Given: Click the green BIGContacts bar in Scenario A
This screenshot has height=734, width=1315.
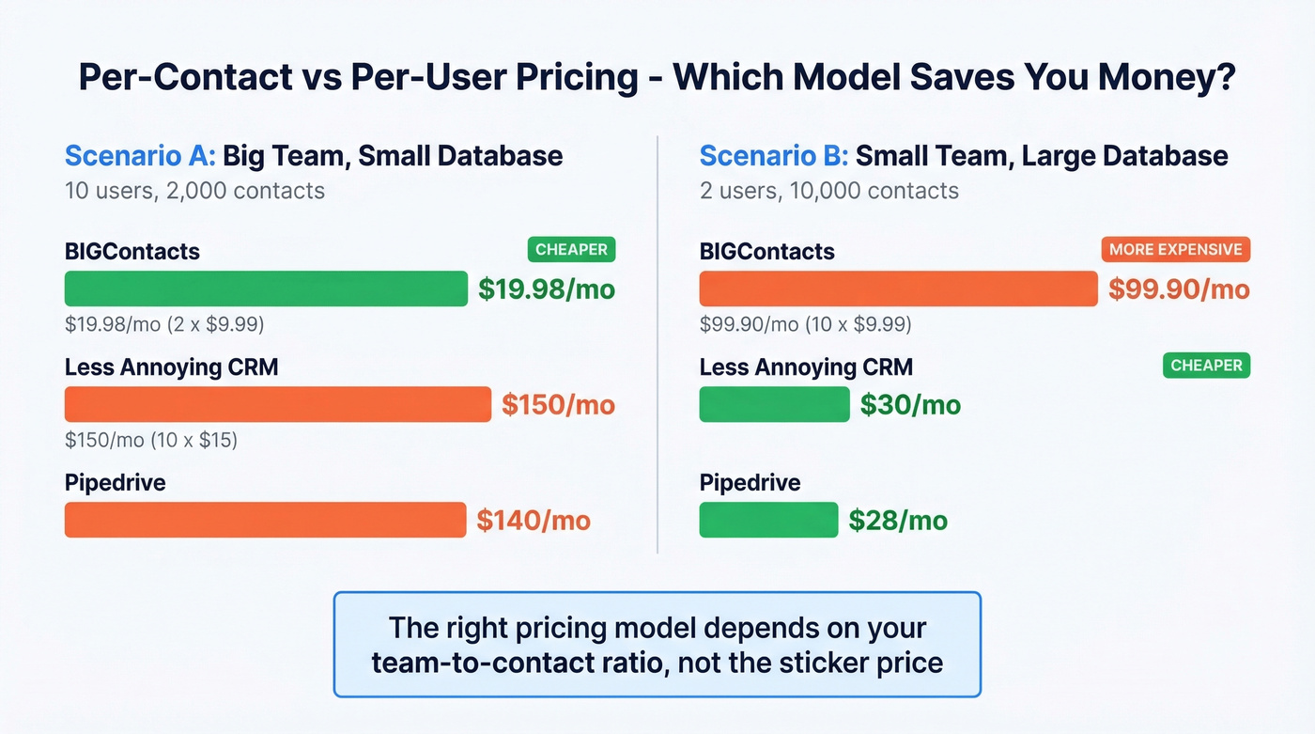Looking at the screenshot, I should point(266,289).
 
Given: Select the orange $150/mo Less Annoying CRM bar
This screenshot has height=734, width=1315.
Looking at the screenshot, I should point(277,404).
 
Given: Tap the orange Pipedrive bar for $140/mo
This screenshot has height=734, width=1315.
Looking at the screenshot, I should point(265,520).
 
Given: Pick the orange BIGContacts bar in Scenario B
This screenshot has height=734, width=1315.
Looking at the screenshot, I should point(898,289).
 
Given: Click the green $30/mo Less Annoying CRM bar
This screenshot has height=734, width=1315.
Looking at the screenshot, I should point(774,404).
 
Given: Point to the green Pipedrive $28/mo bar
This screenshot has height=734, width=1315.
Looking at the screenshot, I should point(768,520).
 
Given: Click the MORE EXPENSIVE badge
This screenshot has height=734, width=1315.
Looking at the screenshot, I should point(1175,250).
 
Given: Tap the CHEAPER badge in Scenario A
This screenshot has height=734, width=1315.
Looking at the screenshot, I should point(571,250).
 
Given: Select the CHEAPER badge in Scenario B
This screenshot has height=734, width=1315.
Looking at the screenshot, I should point(1206,366).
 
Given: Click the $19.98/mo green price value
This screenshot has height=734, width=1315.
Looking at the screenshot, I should point(547,289).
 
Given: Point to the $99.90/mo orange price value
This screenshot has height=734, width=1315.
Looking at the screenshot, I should point(1179,289).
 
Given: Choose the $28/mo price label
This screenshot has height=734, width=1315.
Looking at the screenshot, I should point(898,521).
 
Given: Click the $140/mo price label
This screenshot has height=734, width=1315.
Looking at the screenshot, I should point(534,521).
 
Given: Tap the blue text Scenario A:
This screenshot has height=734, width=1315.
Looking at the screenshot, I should point(140,156).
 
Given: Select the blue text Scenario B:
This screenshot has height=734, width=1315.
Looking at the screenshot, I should point(774,156).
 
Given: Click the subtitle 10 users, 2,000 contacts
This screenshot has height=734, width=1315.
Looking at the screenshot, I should point(194,191).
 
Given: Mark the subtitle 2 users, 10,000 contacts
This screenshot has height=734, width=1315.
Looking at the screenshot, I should point(828,191).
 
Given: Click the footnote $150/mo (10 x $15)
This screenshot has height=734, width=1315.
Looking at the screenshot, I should point(151,440).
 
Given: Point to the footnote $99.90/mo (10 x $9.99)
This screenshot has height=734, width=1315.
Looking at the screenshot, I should point(805,324).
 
